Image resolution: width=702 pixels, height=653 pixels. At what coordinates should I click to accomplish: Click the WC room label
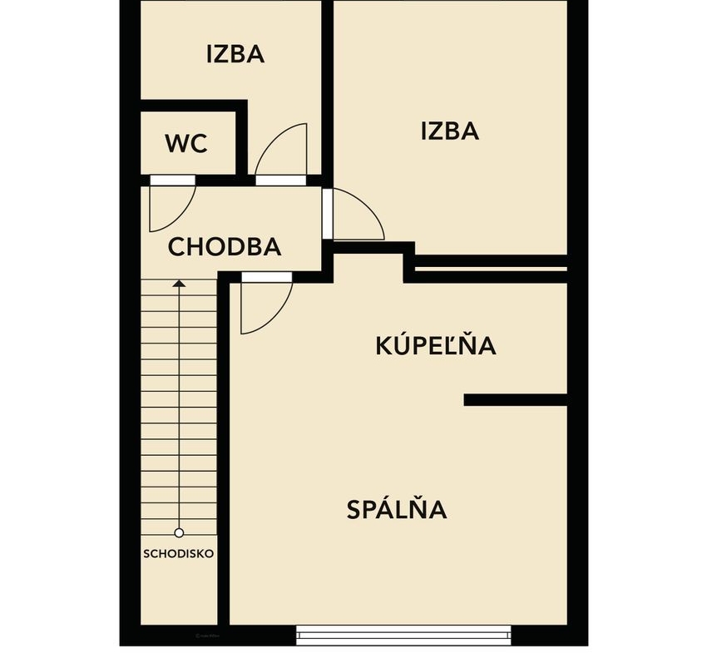[186, 143]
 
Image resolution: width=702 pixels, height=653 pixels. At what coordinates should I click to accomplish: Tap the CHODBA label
[225, 247]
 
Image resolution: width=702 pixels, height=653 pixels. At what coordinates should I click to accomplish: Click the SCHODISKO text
[178, 553]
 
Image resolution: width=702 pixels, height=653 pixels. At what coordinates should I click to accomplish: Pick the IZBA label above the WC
[235, 54]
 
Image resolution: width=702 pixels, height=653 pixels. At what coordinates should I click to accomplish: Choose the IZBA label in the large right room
[450, 131]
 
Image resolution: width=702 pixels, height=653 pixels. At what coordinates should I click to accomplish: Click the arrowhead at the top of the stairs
[179, 284]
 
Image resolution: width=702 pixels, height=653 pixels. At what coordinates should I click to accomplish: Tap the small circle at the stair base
[179, 533]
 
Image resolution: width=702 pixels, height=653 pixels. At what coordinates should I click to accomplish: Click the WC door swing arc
[185, 217]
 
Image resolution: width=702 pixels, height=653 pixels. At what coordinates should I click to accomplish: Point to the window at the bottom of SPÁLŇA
[403, 635]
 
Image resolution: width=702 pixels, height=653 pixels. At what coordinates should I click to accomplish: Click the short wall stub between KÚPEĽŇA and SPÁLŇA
[516, 400]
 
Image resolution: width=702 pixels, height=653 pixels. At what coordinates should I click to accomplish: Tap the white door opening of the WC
[172, 180]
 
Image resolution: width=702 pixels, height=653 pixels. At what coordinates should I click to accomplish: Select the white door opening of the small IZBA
[280, 180]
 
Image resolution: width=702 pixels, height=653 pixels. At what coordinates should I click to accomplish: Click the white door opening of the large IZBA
[327, 214]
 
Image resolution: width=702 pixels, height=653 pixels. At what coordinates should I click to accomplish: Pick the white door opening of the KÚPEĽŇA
[267, 277]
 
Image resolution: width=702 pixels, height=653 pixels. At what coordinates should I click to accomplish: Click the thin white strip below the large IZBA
[491, 269]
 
